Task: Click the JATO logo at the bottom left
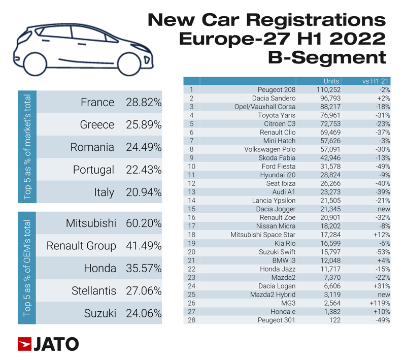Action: point(48,344)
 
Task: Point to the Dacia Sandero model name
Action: point(273,98)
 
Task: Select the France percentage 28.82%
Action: point(143,102)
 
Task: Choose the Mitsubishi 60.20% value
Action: point(143,223)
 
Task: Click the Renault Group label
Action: point(81,246)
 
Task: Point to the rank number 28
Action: point(191,320)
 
